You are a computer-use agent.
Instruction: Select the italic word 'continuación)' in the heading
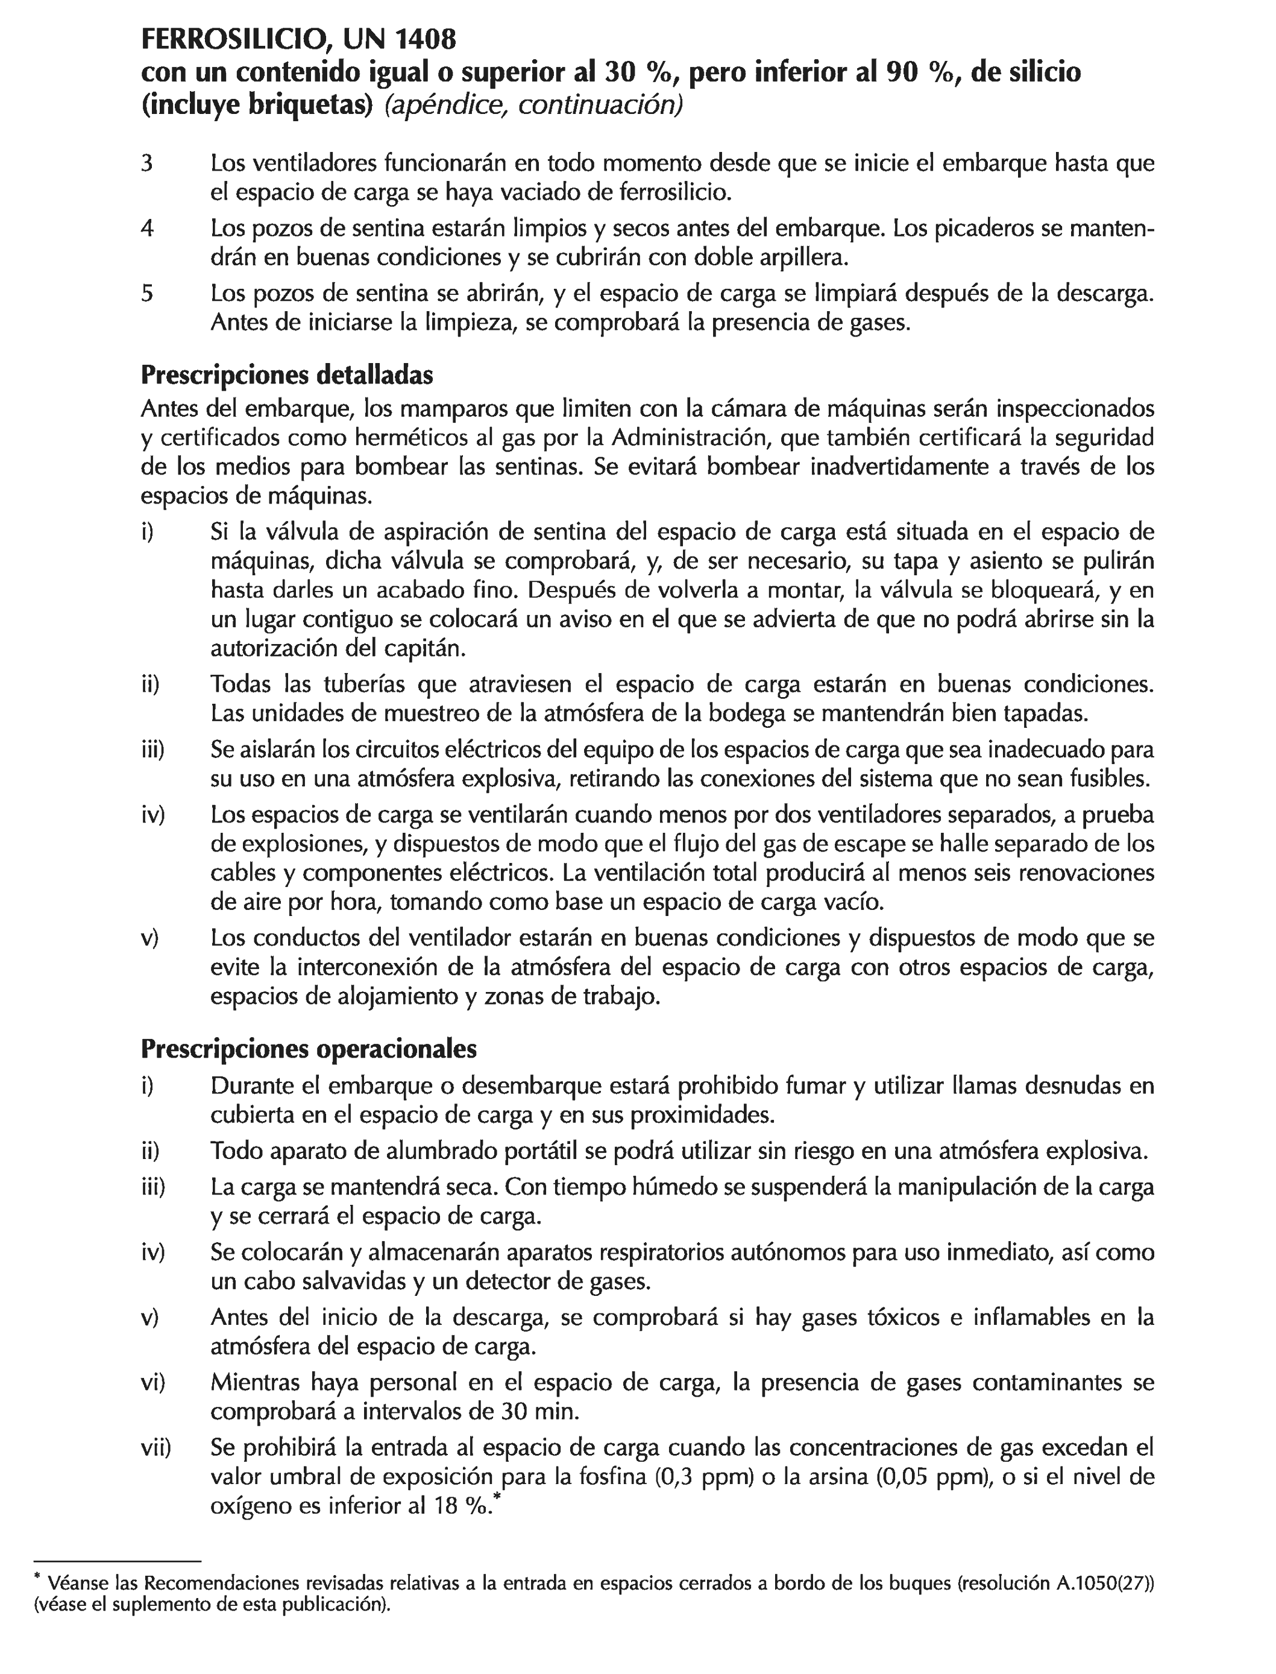pos(600,105)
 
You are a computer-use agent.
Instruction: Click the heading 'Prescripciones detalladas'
pos(287,374)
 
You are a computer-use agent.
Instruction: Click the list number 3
pos(147,163)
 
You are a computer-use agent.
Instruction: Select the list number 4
pos(147,228)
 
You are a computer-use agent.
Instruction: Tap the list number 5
pos(147,293)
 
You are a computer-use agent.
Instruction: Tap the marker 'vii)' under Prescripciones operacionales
pos(156,1447)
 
